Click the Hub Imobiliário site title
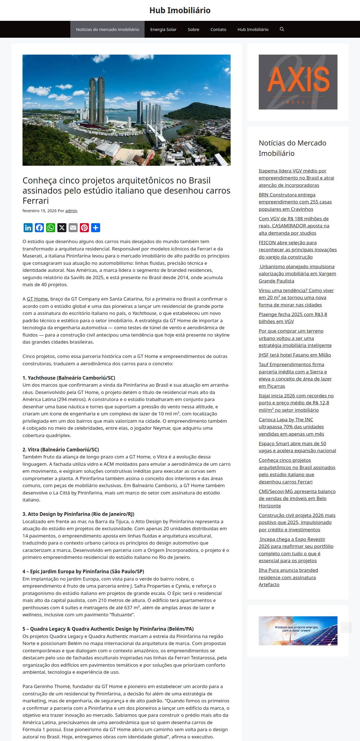click(x=180, y=10)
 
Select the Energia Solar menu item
click(x=163, y=29)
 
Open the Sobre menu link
click(x=193, y=29)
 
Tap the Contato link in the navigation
click(x=218, y=29)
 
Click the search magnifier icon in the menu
click(x=282, y=29)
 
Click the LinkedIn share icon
click(x=28, y=228)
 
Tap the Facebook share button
click(x=39, y=228)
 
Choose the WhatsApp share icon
click(x=51, y=228)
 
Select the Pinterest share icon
click(x=84, y=228)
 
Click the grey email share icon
click(x=73, y=228)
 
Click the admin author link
click(x=71, y=211)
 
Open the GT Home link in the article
click(x=37, y=299)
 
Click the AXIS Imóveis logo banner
click(x=298, y=82)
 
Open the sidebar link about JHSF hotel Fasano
click(x=294, y=355)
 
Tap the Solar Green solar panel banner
click(x=298, y=631)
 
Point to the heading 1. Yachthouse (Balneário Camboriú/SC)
click(x=69, y=378)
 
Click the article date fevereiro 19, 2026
click(x=39, y=211)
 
